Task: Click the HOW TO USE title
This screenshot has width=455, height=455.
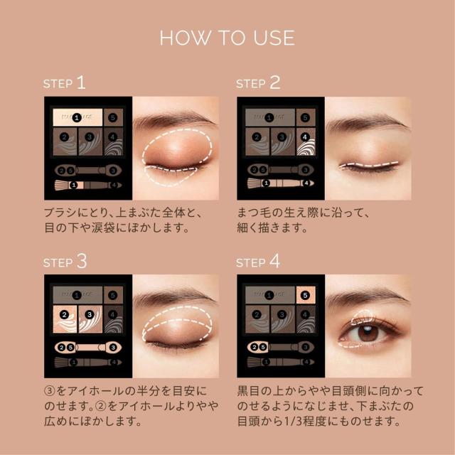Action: pos(227,37)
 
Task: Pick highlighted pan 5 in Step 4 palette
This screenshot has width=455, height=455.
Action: pos(305,295)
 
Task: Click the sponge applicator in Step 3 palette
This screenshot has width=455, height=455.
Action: pos(84,348)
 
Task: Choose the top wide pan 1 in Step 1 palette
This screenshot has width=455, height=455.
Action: pos(75,117)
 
